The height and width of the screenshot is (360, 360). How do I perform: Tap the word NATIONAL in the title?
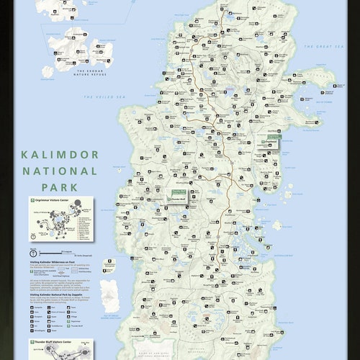point(59,171)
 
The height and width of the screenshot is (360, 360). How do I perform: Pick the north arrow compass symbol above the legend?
point(33,253)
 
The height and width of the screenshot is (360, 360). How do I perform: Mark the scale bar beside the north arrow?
point(68,253)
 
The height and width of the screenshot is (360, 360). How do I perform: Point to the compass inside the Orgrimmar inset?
point(35,235)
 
